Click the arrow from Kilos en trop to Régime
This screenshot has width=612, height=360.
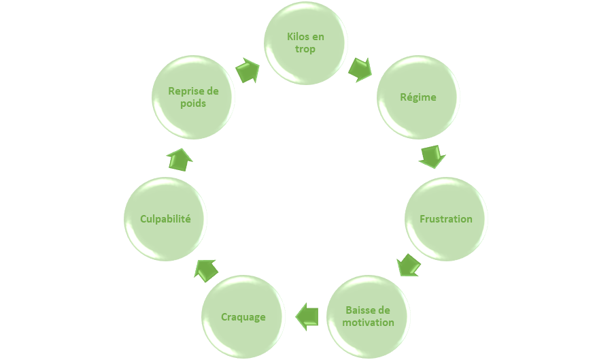coord(360,69)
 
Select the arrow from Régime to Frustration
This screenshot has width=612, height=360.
coord(432,156)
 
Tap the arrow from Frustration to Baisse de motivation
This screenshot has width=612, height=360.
coord(408,265)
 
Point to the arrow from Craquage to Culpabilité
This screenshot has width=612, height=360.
coord(205,269)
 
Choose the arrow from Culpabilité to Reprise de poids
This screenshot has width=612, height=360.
coord(180,159)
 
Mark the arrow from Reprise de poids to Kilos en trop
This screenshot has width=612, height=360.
coord(248,70)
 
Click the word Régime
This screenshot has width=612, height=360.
coord(418,97)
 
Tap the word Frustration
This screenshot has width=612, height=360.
coord(446,219)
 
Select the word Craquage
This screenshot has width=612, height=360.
coord(243,317)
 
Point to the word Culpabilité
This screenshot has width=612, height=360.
coord(165,219)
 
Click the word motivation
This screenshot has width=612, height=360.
coord(369,322)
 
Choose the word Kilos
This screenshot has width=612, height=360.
coord(294,37)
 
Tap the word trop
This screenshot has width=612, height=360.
coord(305,49)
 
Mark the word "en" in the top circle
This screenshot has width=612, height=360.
coord(318,37)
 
